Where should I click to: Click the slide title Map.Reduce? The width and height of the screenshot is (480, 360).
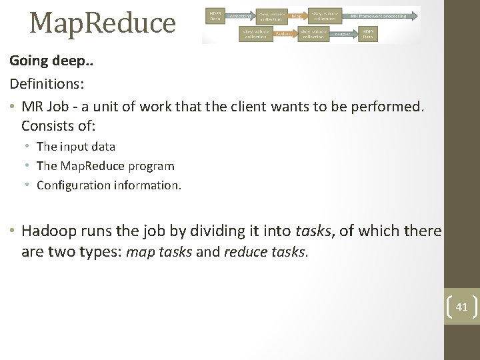[102, 23]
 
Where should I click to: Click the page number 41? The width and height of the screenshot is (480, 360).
[462, 307]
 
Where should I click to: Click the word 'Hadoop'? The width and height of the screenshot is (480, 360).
[51, 231]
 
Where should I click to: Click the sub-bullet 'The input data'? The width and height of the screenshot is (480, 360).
[76, 147]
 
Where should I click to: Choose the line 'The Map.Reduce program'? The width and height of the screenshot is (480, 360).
[105, 166]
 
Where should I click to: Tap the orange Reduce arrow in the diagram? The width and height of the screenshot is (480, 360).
[283, 33]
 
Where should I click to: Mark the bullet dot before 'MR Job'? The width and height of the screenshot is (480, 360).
[13, 107]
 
